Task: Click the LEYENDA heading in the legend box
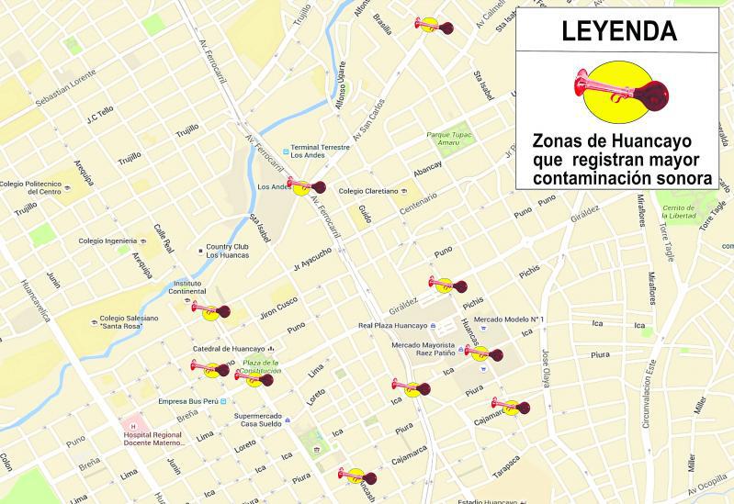point(618,31)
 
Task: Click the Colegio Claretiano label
point(367,191)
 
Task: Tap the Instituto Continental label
point(186,287)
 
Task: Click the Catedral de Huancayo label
point(228,349)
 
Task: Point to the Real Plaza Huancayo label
point(393,326)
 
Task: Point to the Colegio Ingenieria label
point(107,241)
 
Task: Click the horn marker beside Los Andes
point(306,186)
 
